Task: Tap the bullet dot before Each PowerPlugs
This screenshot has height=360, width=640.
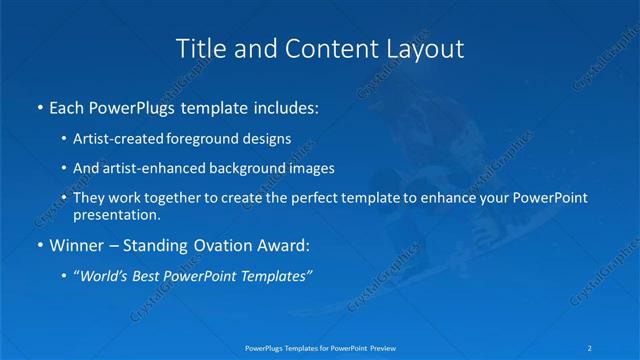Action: point(39,107)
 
